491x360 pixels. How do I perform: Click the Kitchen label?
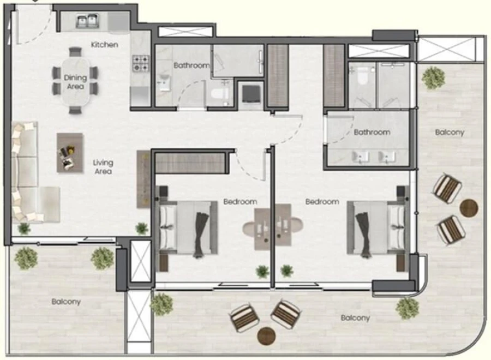click(104, 44)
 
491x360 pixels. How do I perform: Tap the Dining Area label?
click(76, 82)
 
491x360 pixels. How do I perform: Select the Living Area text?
click(103, 167)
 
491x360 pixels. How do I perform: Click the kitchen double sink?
click(89, 22)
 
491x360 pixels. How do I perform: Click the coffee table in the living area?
click(70, 153)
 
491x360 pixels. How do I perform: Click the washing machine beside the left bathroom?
click(251, 93)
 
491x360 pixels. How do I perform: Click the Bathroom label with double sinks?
click(372, 132)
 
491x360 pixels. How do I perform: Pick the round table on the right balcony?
click(469, 207)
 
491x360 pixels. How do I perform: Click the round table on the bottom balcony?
click(267, 335)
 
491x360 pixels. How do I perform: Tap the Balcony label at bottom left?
click(67, 301)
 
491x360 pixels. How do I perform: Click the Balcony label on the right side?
click(450, 132)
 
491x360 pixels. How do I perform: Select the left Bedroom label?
click(240, 202)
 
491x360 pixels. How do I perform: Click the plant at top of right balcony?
click(433, 77)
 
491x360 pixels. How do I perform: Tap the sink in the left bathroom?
click(164, 85)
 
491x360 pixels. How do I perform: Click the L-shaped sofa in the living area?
click(30, 173)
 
